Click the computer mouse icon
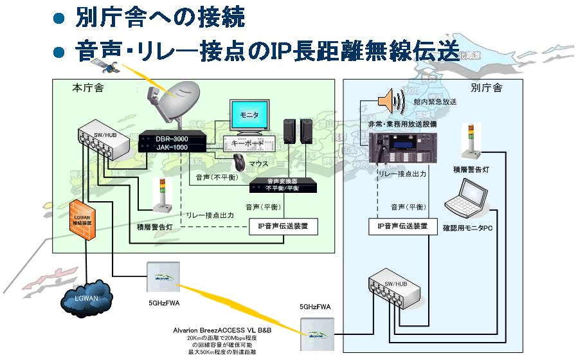pos(239,161)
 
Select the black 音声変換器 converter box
pos(283,185)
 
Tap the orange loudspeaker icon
pos(390,100)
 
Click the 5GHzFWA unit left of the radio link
pos(162,278)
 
